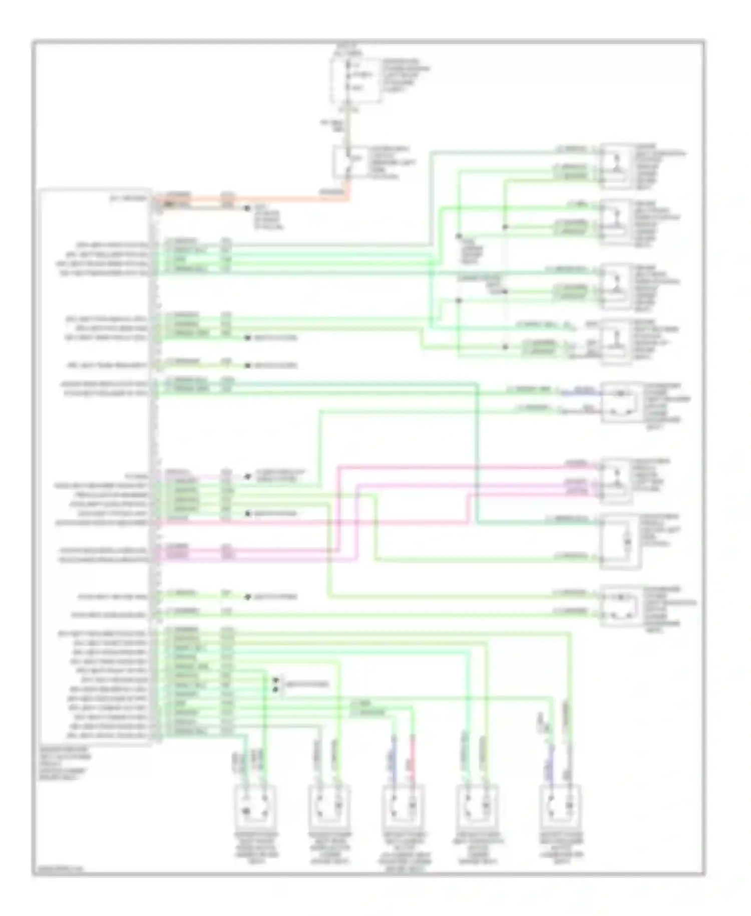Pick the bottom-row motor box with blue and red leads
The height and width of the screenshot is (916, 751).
point(403,805)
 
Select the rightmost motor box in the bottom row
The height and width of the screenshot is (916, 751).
point(560,805)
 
